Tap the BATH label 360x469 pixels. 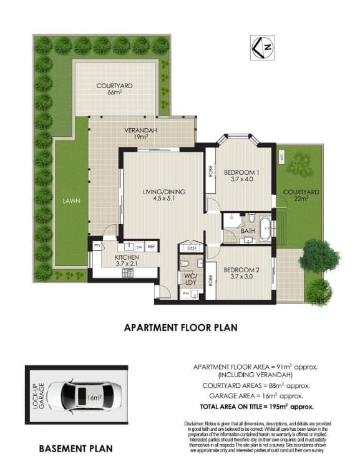247,232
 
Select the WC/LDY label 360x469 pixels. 190,279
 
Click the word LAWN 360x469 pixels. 71,201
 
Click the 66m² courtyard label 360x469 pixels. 114,89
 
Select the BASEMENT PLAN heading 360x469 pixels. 75,448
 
